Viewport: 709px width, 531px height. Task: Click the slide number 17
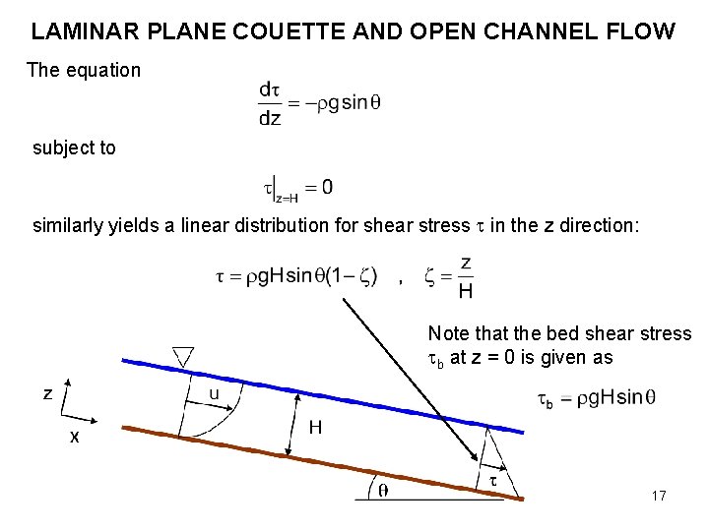[659, 496]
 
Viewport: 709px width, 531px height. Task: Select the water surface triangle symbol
[183, 355]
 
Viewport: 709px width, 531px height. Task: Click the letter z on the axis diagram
[47, 393]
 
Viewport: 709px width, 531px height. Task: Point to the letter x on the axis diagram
[74, 438]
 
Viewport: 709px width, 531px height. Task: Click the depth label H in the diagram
[315, 428]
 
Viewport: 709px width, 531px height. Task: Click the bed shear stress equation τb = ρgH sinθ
[596, 398]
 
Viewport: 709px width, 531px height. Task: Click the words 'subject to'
[74, 148]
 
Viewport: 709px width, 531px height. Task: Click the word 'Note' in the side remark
[448, 334]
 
